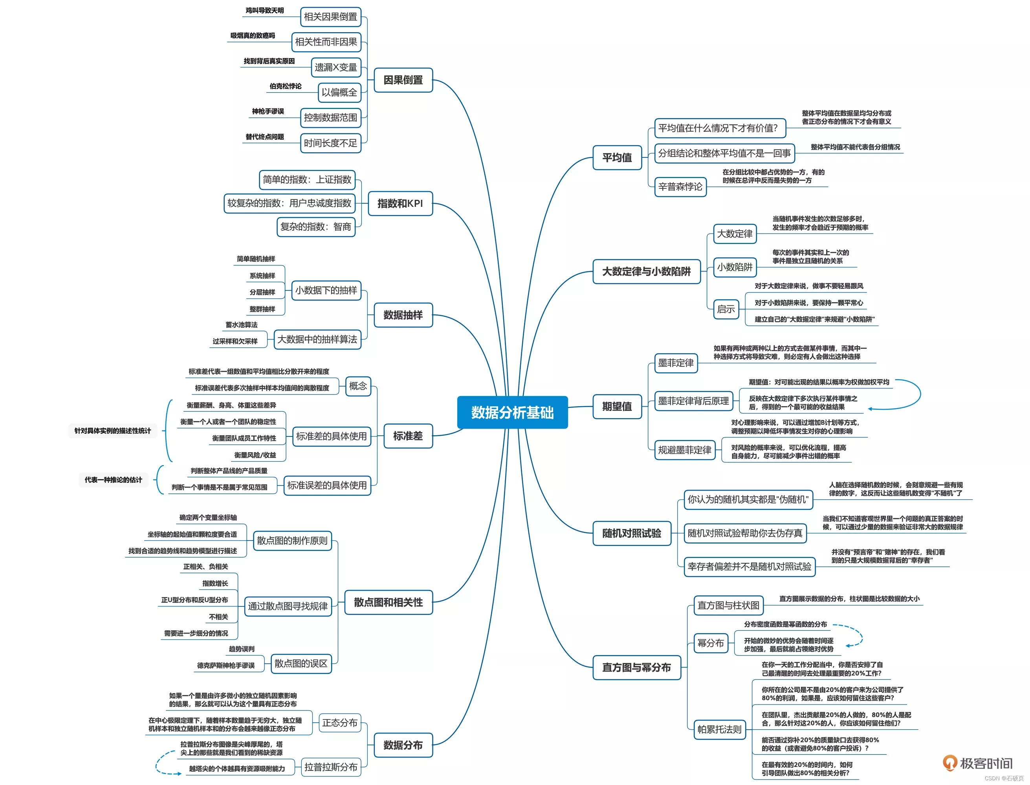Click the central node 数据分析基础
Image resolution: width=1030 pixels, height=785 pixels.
pos(512,412)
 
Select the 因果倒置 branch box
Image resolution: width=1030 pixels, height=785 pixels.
pos(403,80)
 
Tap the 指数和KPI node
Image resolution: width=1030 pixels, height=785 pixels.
pos(400,203)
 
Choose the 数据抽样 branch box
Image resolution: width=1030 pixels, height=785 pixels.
pos(403,315)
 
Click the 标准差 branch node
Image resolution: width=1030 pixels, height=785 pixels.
pos(407,436)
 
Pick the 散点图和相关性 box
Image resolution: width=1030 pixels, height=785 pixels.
pos(388,602)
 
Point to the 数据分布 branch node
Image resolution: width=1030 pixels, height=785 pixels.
pos(403,745)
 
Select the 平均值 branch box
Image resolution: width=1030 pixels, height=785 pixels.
pos(617,157)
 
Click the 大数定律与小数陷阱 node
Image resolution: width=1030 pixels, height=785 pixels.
pos(646,272)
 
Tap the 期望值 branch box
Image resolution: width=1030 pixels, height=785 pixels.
pos(617,407)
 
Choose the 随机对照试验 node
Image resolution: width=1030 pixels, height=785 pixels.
pos(631,533)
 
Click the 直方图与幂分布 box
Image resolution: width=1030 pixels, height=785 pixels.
pos(636,667)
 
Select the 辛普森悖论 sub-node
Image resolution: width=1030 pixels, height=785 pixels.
pos(680,187)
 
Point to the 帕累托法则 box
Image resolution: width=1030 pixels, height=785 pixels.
pos(719,729)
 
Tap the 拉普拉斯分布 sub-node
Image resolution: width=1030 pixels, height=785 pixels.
pos(330,767)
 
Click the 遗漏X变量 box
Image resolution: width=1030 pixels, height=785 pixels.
pos(336,67)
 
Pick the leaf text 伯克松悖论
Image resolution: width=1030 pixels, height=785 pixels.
pos(285,86)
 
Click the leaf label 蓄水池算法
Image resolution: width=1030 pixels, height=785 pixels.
pos(241,325)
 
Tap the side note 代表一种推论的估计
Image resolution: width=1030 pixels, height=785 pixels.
pos(113,480)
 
